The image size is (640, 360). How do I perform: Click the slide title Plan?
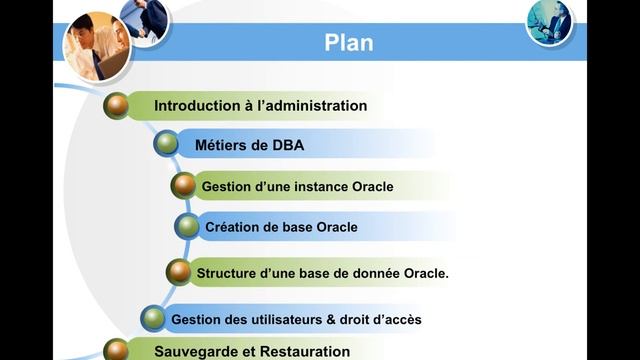349,42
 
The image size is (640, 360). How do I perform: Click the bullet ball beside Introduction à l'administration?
117,105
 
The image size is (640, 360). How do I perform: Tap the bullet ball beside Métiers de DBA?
166,145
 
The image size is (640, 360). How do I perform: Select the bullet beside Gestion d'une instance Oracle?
183,186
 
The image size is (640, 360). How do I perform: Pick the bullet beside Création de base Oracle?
187,227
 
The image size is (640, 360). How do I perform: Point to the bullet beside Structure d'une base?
178,272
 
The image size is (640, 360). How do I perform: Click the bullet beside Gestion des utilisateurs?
153,319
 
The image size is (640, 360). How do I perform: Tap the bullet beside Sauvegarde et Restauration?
117,350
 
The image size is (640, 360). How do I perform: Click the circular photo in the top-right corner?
549,22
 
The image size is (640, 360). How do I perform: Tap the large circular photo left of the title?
97,47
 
